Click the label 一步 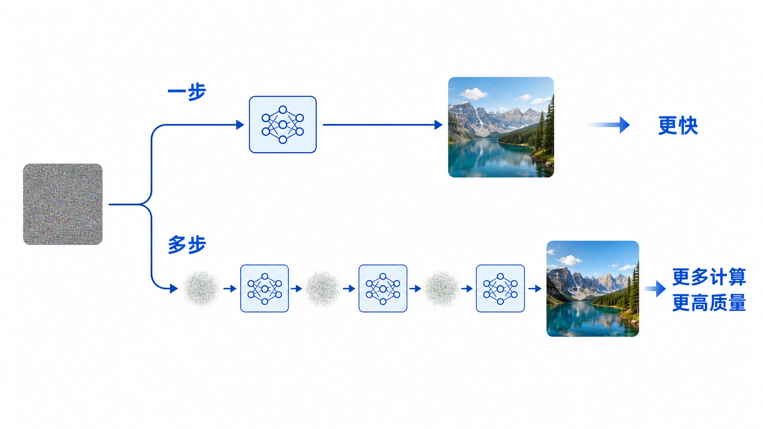tap(187, 92)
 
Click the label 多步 tap(187, 245)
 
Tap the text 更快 tap(678, 125)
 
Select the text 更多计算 tap(709, 277)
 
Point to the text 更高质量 tap(709, 302)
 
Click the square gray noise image tap(63, 204)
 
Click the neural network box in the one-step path tap(283, 124)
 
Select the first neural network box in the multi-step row tap(264, 289)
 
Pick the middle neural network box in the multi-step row tap(383, 289)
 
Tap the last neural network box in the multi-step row tap(500, 289)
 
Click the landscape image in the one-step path tap(501, 127)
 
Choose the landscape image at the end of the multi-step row tap(593, 289)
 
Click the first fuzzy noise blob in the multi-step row tap(201, 289)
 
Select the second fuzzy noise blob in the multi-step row tap(322, 289)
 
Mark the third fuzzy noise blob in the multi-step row tap(441, 289)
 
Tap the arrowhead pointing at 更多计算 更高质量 tap(660, 289)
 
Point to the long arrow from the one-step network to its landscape tap(382, 125)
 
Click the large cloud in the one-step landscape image tap(473, 93)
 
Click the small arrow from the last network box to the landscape tap(535, 289)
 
